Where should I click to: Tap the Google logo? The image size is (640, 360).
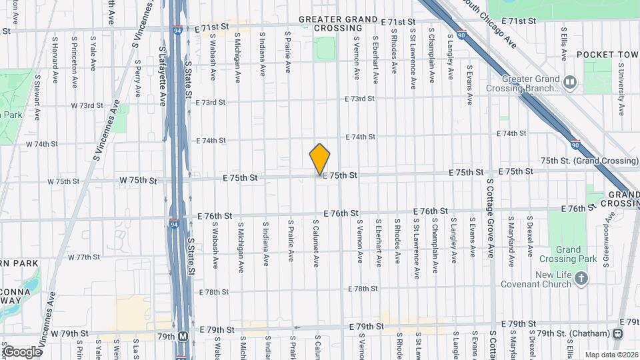click(22, 351)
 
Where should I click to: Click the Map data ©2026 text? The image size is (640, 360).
click(611, 354)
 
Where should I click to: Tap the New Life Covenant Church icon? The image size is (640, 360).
click(581, 278)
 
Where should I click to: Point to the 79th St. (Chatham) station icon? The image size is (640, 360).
click(619, 333)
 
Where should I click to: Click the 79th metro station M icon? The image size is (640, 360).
click(183, 336)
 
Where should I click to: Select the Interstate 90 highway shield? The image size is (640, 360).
click(575, 143)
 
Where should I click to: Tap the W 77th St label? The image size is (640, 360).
click(83, 257)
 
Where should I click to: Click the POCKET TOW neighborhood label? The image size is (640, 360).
click(607, 54)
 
